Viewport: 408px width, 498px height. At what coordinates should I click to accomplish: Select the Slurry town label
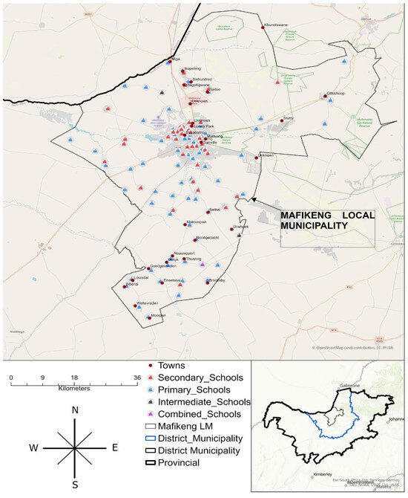click(289, 117)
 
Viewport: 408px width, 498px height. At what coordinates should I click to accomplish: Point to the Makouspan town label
click(195, 221)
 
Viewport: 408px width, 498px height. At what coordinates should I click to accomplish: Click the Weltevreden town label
click(148, 303)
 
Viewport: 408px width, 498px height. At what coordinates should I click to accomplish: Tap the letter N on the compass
click(75, 410)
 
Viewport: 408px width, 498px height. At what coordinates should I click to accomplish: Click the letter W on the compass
click(33, 448)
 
